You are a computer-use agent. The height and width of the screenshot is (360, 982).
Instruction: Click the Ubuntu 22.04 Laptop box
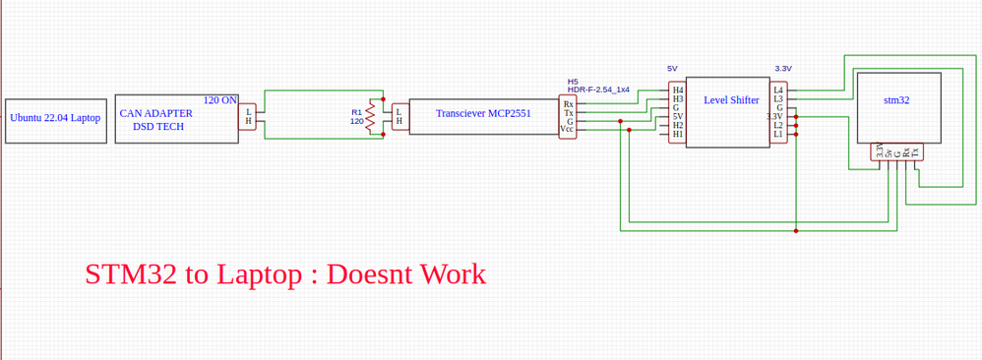(x=55, y=118)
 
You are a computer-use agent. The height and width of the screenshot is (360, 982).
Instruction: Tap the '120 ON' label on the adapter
(x=219, y=100)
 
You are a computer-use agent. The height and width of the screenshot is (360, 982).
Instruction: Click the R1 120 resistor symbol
(x=371, y=117)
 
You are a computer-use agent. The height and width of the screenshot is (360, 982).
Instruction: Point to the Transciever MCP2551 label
(x=483, y=114)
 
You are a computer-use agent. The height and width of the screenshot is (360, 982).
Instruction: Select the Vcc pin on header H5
(x=567, y=129)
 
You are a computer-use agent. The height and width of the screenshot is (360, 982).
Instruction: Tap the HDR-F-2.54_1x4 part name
(x=598, y=90)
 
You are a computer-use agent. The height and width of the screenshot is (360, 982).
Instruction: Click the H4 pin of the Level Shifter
(x=677, y=90)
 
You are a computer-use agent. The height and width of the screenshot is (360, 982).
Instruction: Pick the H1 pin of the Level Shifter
(x=677, y=135)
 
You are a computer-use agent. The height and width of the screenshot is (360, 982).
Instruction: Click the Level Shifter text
(x=731, y=100)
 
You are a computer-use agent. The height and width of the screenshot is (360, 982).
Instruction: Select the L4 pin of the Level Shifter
(x=778, y=90)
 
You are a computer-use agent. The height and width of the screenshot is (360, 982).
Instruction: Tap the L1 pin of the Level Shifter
(x=778, y=135)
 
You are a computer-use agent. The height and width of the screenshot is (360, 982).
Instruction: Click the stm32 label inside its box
(x=896, y=100)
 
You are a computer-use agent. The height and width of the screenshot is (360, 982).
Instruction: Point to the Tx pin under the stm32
(x=915, y=152)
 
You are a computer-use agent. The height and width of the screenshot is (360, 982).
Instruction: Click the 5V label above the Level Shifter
(x=672, y=69)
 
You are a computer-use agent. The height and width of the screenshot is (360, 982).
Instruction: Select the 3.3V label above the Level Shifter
(x=783, y=69)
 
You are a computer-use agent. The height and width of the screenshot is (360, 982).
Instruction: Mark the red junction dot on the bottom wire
(x=796, y=231)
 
